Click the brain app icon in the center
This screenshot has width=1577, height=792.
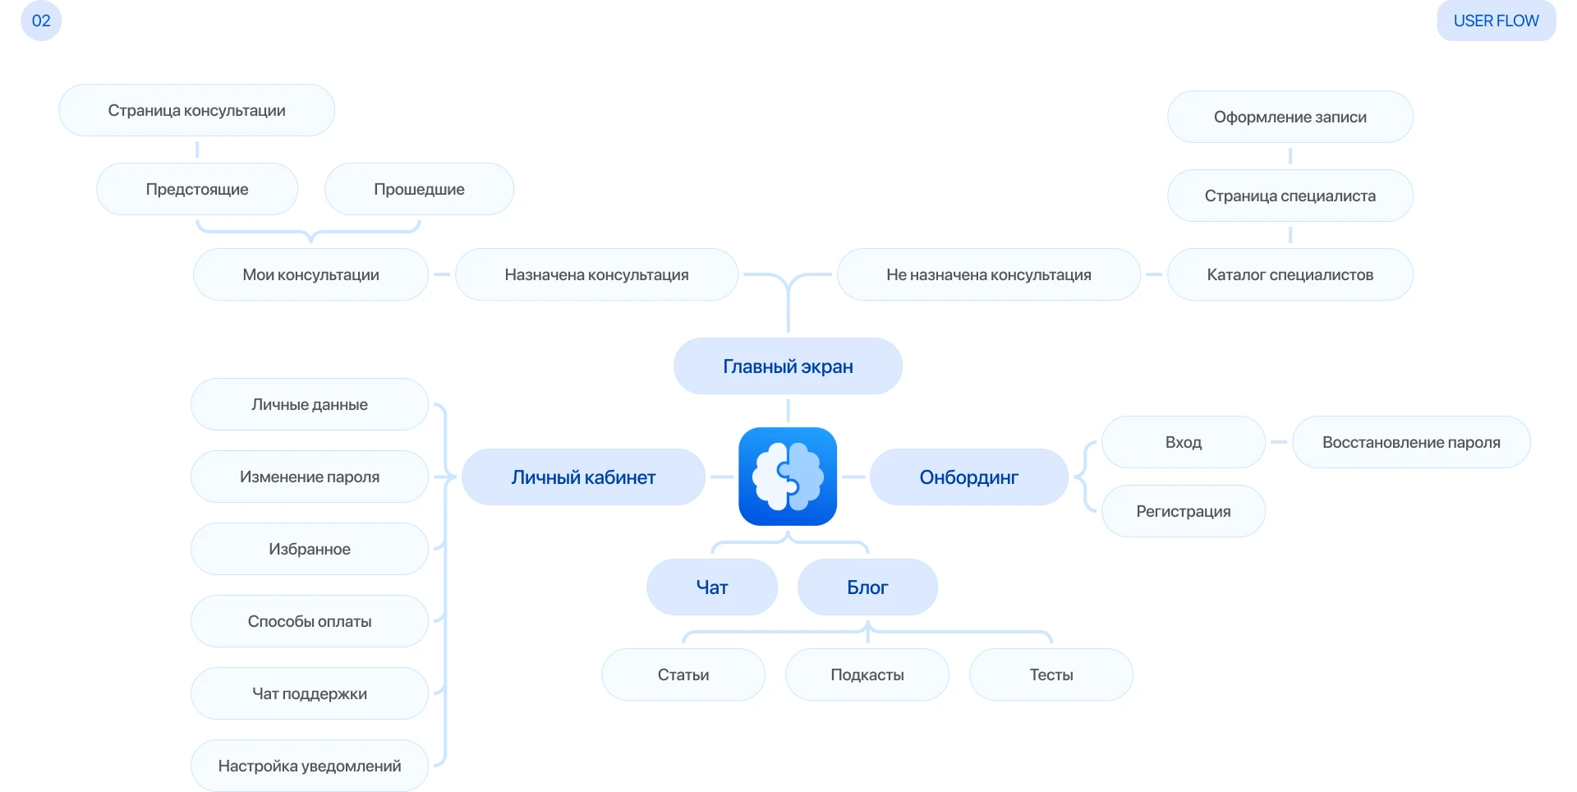[x=788, y=477]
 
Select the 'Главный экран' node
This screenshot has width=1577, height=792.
[x=788, y=366]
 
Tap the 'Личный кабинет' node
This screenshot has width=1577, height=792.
[x=583, y=477]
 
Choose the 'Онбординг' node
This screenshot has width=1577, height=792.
[x=968, y=477]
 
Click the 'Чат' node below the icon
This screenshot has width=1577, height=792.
[x=711, y=587]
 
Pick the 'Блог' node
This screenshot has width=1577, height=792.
[x=867, y=587]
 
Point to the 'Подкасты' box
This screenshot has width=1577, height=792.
[x=867, y=675]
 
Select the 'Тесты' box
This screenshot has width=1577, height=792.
[x=1051, y=675]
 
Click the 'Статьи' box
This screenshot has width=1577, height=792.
[x=683, y=675]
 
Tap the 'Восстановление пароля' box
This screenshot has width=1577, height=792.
[x=1411, y=442]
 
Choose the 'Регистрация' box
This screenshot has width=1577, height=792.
[x=1183, y=511]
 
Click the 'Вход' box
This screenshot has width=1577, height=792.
[x=1183, y=442]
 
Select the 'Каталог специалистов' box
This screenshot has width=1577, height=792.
[x=1290, y=274]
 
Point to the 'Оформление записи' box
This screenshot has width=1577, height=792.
[x=1290, y=117]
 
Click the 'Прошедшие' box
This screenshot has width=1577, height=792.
[x=419, y=189]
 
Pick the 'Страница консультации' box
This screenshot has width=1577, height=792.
[x=196, y=110]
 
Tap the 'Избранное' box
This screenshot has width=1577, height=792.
[x=310, y=549]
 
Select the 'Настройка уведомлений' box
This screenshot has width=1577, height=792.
[x=310, y=766]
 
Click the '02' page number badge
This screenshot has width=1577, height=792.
[x=41, y=21]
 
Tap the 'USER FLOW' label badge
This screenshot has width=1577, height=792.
[x=1496, y=21]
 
